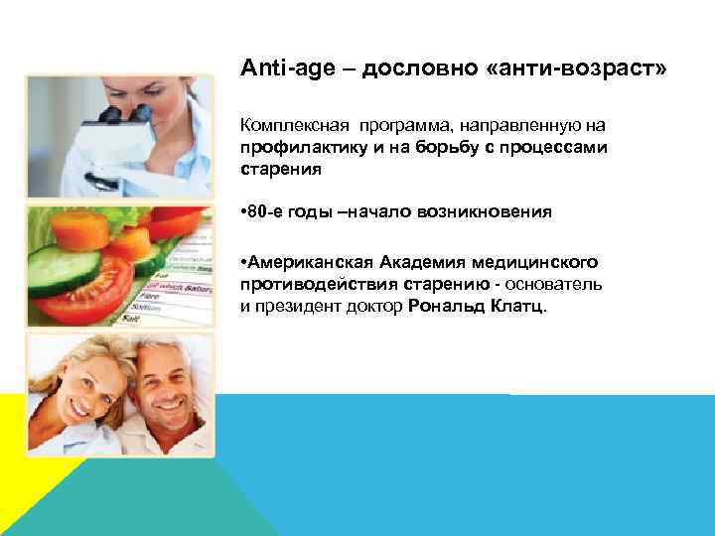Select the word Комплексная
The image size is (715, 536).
tap(289, 127)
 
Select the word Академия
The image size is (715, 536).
tap(428, 261)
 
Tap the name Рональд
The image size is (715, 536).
tap(445, 307)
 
